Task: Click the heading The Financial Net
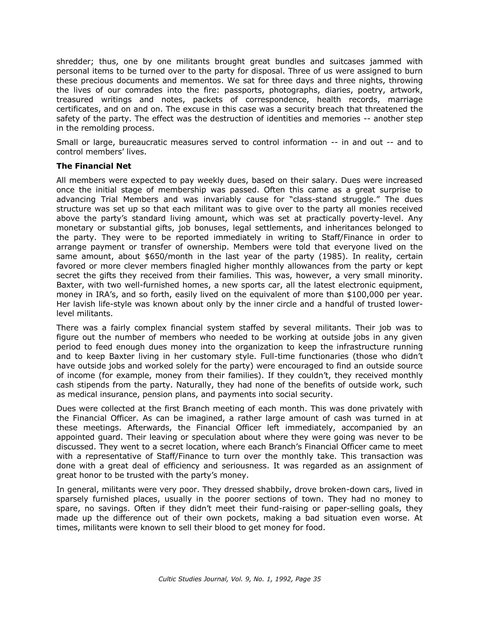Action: pyautogui.click(x=94, y=166)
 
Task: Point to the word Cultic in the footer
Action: pyautogui.click(x=167, y=579)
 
